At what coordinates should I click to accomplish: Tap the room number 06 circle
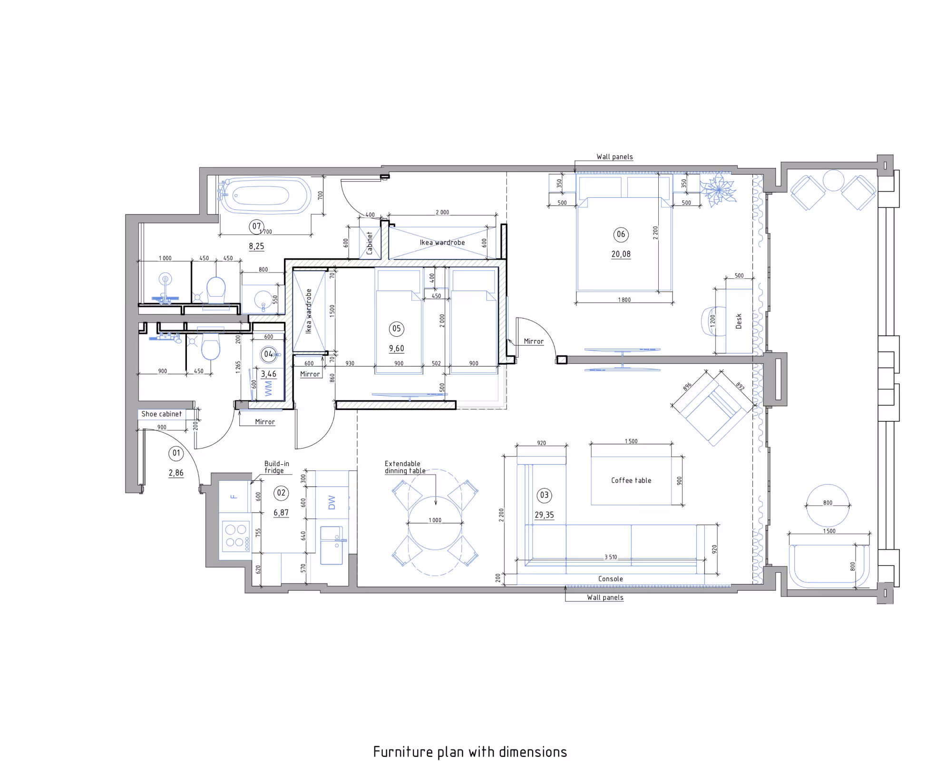click(x=621, y=234)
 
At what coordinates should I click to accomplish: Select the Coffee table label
click(x=631, y=480)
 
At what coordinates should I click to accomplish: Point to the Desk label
click(x=739, y=321)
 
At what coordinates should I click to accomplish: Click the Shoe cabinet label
click(x=162, y=414)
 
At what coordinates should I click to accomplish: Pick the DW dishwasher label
click(x=332, y=502)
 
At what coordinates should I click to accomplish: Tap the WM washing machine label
click(x=268, y=388)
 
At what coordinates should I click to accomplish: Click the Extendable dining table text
click(x=405, y=467)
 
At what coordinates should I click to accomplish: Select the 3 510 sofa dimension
click(x=611, y=557)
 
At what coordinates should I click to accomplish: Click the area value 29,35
click(x=544, y=515)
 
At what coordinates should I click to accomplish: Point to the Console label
click(x=611, y=579)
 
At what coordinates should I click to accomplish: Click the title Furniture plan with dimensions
click(x=470, y=752)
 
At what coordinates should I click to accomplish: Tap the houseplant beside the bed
click(x=719, y=190)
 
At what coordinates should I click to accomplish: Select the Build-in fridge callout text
click(x=277, y=467)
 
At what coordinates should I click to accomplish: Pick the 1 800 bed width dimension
click(x=624, y=300)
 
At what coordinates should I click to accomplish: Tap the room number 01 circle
click(x=176, y=453)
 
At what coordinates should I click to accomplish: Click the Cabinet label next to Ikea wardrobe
click(x=370, y=243)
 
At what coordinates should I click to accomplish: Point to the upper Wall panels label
click(x=614, y=156)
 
